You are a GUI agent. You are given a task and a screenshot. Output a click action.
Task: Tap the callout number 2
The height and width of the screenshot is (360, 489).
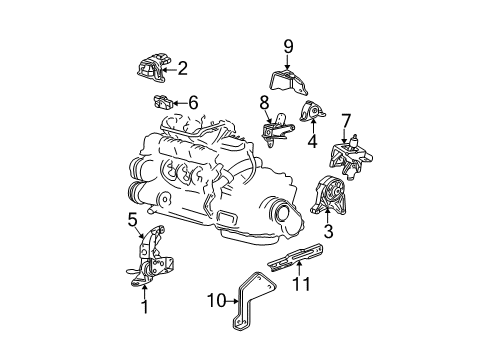(x=182, y=68)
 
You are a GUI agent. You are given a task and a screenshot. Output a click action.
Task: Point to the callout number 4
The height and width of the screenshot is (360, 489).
(x=313, y=140)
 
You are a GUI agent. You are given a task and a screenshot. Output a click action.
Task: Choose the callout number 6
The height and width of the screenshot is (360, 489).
(x=193, y=101)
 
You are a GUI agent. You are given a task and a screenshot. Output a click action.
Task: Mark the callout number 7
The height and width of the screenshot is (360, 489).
(x=346, y=120)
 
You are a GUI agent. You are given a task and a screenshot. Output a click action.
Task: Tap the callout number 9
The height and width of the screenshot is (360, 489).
(x=288, y=45)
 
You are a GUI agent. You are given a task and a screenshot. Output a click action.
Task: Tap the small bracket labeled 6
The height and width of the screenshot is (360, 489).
(x=162, y=101)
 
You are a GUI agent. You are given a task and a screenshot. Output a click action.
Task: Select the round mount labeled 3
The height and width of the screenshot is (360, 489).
(x=334, y=195)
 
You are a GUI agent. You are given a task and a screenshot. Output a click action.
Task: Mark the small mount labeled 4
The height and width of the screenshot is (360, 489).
(x=312, y=115)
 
